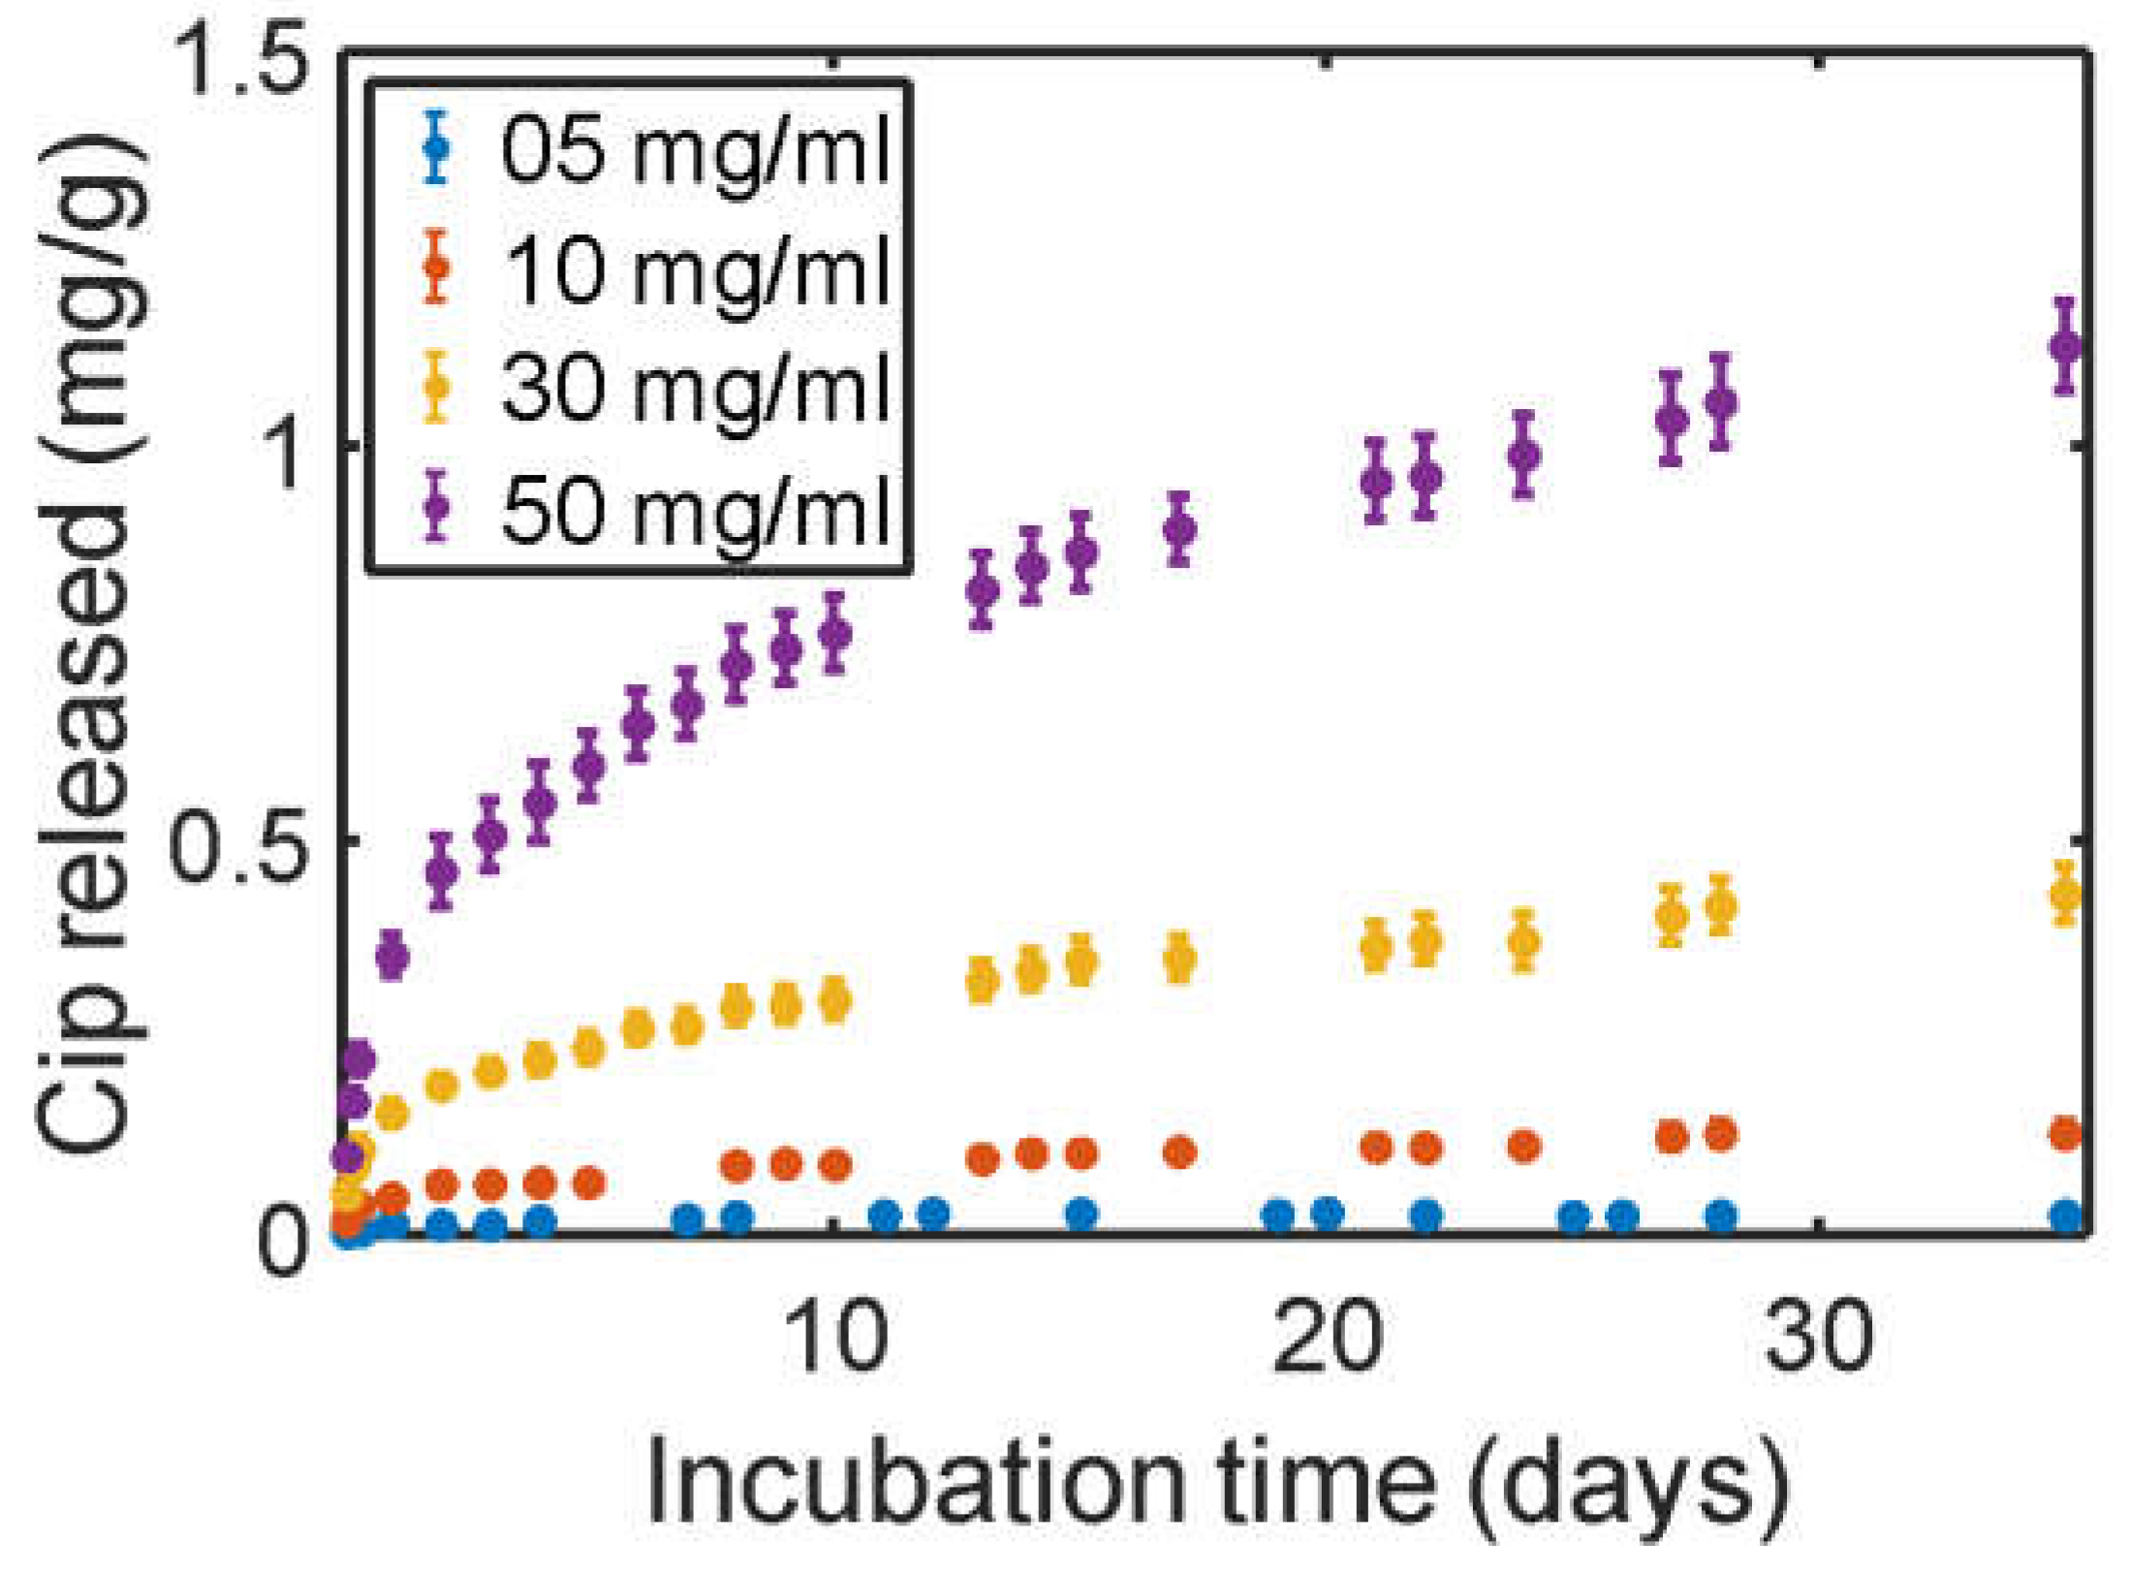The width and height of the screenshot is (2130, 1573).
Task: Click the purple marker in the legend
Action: tap(437, 505)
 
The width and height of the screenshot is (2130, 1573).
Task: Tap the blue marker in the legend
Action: tap(437, 147)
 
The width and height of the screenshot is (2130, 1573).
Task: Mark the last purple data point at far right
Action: tap(2066, 346)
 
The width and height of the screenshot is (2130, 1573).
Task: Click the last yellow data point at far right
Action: tap(2066, 893)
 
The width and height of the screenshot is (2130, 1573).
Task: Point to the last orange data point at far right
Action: tap(2066, 1133)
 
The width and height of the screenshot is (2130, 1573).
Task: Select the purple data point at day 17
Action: tap(1178, 529)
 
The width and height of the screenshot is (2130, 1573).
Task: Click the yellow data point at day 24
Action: tap(1524, 940)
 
